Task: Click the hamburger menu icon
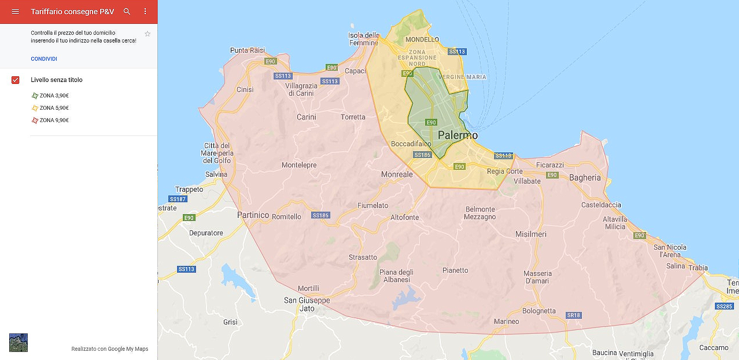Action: click(x=15, y=12)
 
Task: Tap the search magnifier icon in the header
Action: click(x=127, y=12)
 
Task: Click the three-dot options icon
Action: click(x=145, y=12)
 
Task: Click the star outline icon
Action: click(x=147, y=34)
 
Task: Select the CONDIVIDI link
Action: click(x=44, y=59)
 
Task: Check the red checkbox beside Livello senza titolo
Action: click(x=15, y=80)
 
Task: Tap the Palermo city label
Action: click(x=457, y=135)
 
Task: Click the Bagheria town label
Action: click(x=585, y=177)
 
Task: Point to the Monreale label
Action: click(x=397, y=174)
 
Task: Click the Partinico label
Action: click(x=253, y=215)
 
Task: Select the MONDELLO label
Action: click(x=422, y=40)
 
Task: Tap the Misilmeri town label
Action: click(x=531, y=234)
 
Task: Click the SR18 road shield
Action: click(x=573, y=315)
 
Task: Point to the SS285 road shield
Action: click(x=724, y=306)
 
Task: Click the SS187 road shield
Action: click(x=178, y=199)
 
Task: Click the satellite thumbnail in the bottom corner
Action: click(x=18, y=342)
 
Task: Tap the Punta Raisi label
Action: click(x=247, y=50)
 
